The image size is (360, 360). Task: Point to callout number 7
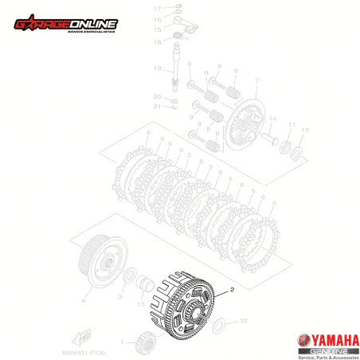pyautogui.click(x=257, y=81)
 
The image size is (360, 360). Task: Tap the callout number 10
pyautogui.click(x=307, y=130)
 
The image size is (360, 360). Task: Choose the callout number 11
pyautogui.click(x=292, y=124)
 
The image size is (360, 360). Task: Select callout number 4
pyautogui.click(x=82, y=302)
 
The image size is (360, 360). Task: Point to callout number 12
pyautogui.click(x=244, y=320)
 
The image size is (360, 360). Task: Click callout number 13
pyautogui.click(x=140, y=304)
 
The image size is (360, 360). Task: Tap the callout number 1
pyautogui.click(x=123, y=342)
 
